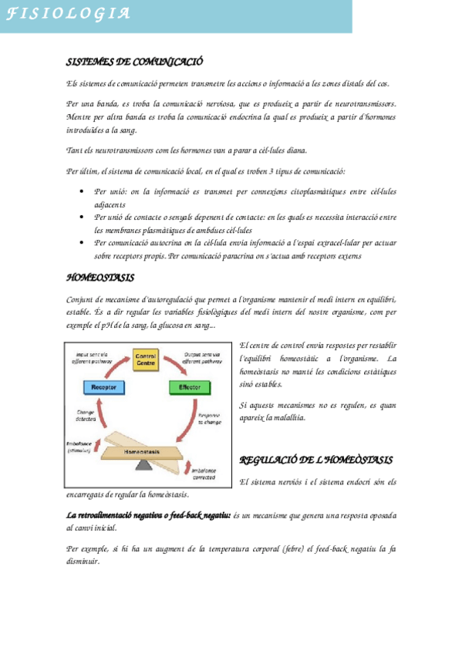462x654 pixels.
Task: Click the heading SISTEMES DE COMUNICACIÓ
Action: click(134, 62)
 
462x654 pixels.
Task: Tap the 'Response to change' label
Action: click(209, 420)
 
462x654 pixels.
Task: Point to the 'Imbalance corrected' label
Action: click(204, 474)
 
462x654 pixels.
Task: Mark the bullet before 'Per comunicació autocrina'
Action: click(83, 242)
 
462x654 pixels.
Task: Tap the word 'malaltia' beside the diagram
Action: click(286, 417)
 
